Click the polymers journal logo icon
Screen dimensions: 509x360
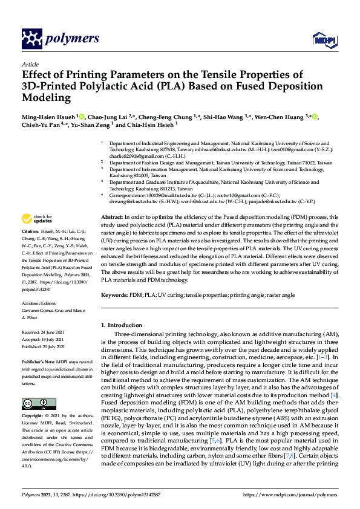pyautogui.click(x=31, y=39)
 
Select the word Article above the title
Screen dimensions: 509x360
pyautogui.click(x=30, y=64)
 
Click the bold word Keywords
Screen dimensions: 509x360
pyautogui.click(x=114, y=294)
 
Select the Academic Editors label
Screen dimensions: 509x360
pyautogui.click(x=39, y=303)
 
